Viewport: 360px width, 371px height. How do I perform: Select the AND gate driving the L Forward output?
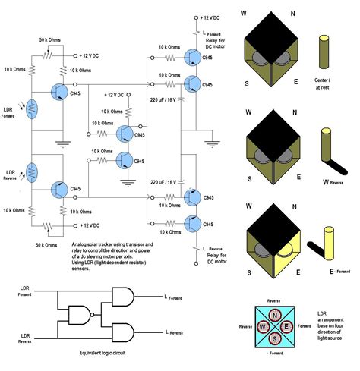tap(123, 296)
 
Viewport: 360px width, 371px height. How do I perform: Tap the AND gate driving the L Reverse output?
tap(123, 332)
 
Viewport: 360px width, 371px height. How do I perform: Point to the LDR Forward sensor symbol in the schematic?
tap(30, 108)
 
